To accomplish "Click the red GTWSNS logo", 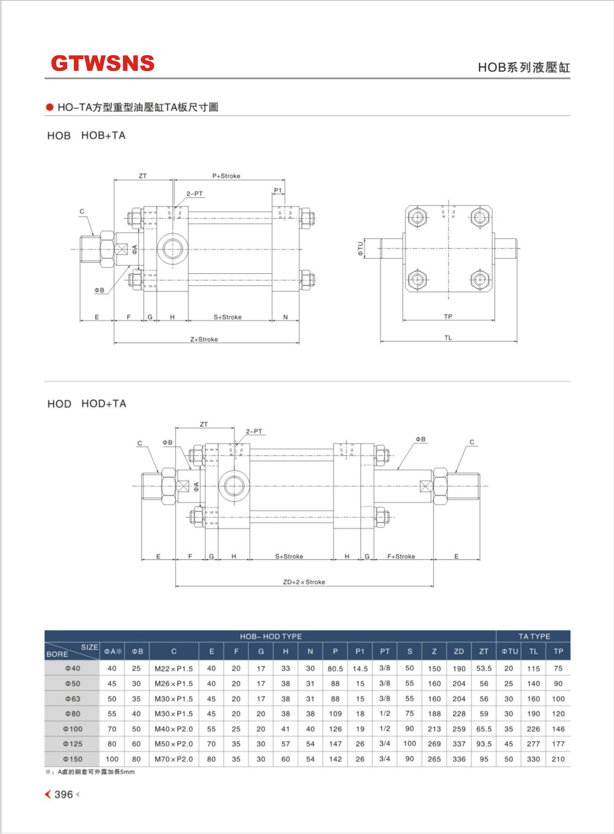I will tap(103, 63).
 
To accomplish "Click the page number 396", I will tap(63, 795).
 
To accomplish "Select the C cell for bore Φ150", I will tap(174, 759).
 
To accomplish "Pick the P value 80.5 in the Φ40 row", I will tap(335, 669).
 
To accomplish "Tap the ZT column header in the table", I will tap(484, 651).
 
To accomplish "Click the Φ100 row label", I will tap(72, 729).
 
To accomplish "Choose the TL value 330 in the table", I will tap(533, 759).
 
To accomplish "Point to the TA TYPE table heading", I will tap(534, 636).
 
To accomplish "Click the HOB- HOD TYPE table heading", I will tap(271, 636).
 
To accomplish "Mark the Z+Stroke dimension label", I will tap(204, 339).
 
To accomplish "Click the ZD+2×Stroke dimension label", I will tap(304, 582).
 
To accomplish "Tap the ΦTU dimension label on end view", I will tap(360, 248).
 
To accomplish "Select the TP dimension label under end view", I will tap(448, 316).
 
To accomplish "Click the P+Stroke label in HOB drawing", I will tap(226, 176).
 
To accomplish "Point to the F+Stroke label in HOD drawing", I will tap(401, 556).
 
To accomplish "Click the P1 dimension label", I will tap(278, 190).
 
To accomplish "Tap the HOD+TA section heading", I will tap(104, 404).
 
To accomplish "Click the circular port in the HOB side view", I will tap(172, 248).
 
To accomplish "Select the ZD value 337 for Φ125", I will tap(459, 744).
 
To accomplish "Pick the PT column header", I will tap(385, 651).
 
